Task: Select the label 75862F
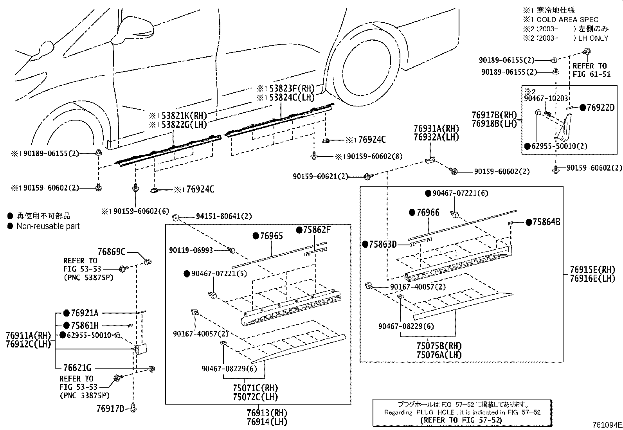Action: click(x=317, y=230)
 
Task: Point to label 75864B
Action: click(x=546, y=222)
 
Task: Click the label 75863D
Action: click(x=382, y=245)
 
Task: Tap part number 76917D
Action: click(x=110, y=409)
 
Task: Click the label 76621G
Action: click(x=77, y=368)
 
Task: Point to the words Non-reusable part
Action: click(x=48, y=226)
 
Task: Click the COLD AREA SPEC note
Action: click(x=567, y=19)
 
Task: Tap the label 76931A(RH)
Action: click(x=436, y=128)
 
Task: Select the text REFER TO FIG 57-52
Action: click(x=460, y=420)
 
